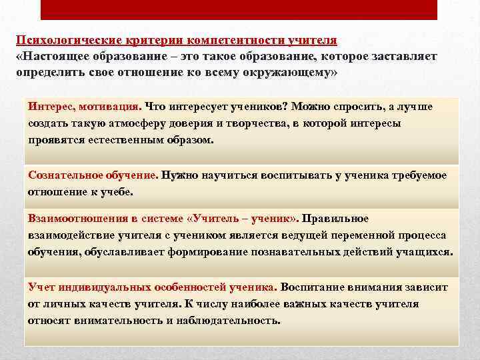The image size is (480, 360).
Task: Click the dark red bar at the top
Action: click(x=239, y=9)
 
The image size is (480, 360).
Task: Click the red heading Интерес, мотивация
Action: click(x=84, y=107)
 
